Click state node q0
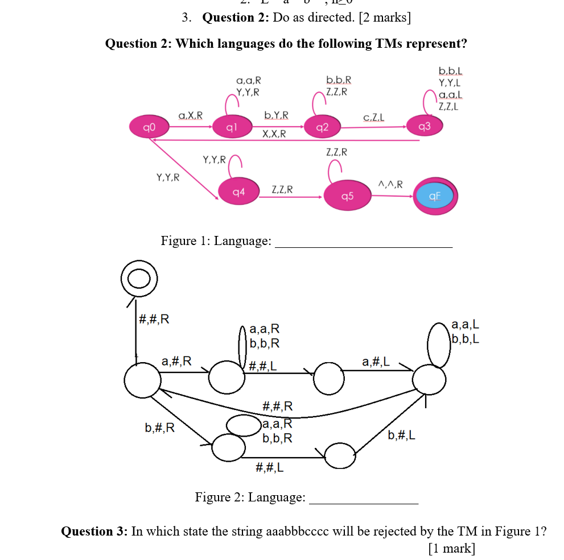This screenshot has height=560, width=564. (x=146, y=126)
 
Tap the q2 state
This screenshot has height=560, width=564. (x=322, y=127)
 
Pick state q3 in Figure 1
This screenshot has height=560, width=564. (x=423, y=126)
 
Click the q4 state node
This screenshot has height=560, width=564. (x=239, y=192)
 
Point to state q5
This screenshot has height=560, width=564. (x=347, y=196)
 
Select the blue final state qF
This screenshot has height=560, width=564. (x=435, y=196)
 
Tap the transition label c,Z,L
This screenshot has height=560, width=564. (x=373, y=118)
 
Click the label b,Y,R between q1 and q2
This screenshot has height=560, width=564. (x=276, y=115)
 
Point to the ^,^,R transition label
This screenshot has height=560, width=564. (x=390, y=184)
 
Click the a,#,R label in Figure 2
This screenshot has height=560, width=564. (x=176, y=360)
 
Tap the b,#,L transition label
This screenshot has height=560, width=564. (x=401, y=435)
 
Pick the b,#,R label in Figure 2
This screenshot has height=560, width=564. (x=160, y=428)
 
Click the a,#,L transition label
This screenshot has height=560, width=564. (x=376, y=360)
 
